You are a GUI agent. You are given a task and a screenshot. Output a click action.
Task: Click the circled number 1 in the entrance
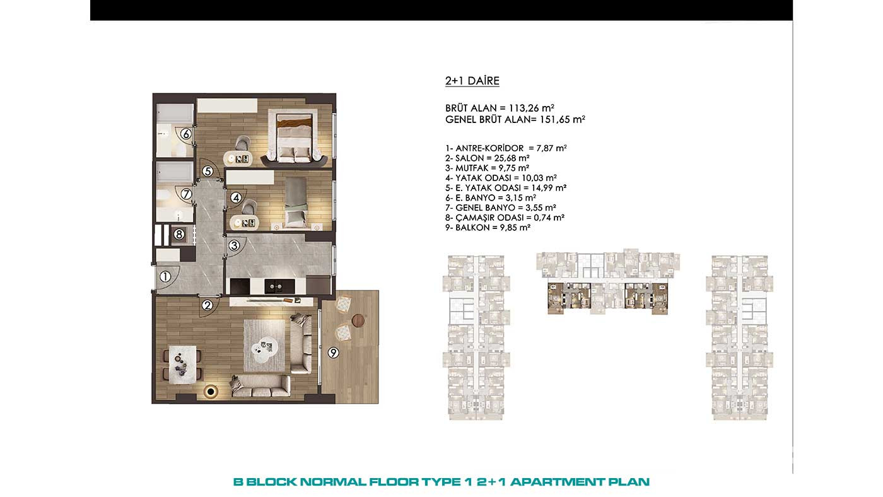tap(165, 277)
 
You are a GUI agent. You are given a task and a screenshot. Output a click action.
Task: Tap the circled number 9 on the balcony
tap(334, 353)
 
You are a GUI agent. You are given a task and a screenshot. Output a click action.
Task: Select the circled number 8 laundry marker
tap(179, 235)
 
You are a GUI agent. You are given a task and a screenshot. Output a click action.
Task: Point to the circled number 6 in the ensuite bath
tap(185, 134)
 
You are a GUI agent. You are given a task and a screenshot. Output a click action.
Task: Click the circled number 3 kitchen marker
tap(234, 245)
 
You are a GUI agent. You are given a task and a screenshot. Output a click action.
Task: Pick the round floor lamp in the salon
tap(211, 392)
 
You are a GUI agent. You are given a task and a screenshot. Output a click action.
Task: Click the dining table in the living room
tap(182, 365)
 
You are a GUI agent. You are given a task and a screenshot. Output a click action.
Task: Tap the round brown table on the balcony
tap(359, 320)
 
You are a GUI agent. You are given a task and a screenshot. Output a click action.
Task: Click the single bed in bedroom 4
tap(296, 202)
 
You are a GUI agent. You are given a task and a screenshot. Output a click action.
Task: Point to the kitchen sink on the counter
tap(275, 286)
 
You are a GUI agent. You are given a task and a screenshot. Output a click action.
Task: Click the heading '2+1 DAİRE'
tap(472, 81)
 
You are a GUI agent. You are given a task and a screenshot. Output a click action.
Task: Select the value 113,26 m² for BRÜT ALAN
tap(531, 108)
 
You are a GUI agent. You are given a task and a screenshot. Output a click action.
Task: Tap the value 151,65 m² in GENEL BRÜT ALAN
tap(563, 119)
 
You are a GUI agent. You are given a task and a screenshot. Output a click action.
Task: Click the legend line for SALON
tap(487, 158)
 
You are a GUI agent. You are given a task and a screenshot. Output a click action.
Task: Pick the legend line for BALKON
tap(488, 228)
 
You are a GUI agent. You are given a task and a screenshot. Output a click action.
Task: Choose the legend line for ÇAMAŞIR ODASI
tap(505, 218)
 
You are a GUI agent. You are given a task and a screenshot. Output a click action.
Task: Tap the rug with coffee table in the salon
tap(264, 346)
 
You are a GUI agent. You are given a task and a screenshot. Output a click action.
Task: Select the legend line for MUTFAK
tap(487, 168)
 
